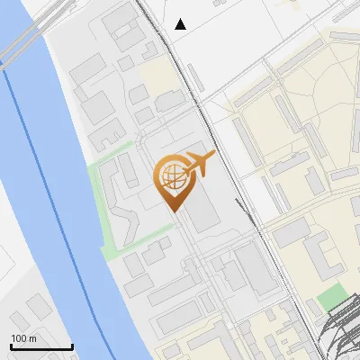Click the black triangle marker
coord(181,24)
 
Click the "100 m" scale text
coord(24,338)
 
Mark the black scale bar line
coord(41,346)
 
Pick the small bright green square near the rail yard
coord(332,296)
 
